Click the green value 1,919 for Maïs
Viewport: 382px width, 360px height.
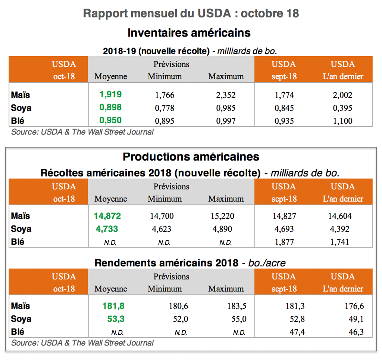pyautogui.click(x=110, y=94)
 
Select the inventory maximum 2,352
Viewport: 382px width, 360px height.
pyautogui.click(x=226, y=95)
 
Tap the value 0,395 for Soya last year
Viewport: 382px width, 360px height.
pyautogui.click(x=342, y=108)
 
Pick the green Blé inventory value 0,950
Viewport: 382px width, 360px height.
pyautogui.click(x=110, y=120)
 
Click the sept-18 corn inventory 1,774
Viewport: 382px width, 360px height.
pyautogui.click(x=284, y=95)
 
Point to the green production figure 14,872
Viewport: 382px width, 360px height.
pyautogui.click(x=107, y=216)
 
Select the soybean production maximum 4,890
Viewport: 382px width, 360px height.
pyautogui.click(x=226, y=229)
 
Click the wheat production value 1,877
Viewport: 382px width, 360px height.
pyautogui.click(x=284, y=242)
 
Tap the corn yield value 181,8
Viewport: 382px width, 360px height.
pyautogui.click(x=113, y=306)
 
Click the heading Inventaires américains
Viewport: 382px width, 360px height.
pyautogui.click(x=189, y=33)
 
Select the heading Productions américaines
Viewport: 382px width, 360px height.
pyautogui.click(x=191, y=157)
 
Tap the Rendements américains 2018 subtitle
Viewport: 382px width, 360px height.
pyautogui.click(x=166, y=263)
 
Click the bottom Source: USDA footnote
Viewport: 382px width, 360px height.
pyautogui.click(x=82, y=343)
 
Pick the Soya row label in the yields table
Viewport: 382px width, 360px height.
pyautogui.click(x=21, y=319)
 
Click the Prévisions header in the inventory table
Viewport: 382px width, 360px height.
pyautogui.click(x=171, y=64)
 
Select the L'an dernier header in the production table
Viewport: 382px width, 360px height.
pyautogui.click(x=343, y=199)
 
